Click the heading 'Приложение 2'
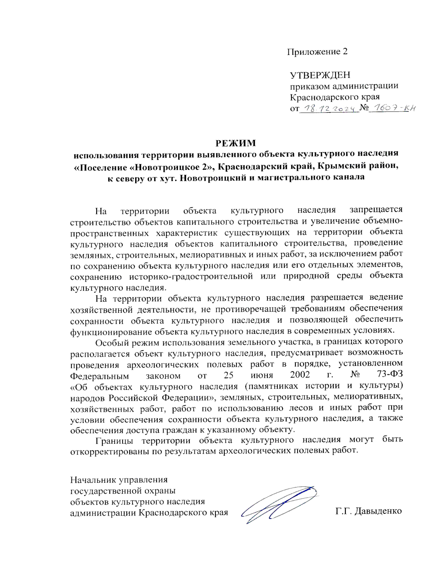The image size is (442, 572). tap(317, 52)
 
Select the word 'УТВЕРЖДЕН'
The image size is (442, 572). tap(320, 75)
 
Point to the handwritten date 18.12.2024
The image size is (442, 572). tap(330, 108)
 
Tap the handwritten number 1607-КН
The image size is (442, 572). tap(392, 108)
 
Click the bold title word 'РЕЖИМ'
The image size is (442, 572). tap(235, 143)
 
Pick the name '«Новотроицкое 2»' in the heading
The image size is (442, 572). tap(172, 166)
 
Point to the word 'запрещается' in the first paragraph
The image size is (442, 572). tap(376, 210)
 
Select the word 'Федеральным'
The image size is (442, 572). tap(99, 376)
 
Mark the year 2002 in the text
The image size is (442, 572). tap(300, 375)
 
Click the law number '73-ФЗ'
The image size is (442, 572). tap(390, 374)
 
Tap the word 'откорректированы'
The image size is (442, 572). tap(109, 451)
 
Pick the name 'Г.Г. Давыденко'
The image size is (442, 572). tap(368, 511)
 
